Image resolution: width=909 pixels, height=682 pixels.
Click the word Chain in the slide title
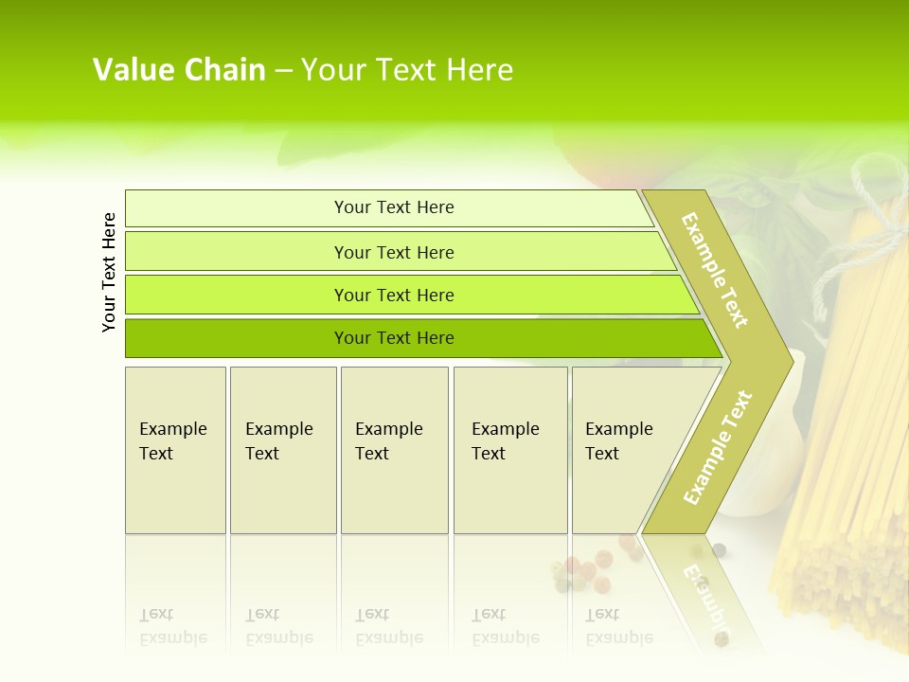(225, 70)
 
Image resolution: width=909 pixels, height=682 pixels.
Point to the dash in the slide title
(283, 71)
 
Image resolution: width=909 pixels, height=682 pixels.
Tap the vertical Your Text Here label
(109, 272)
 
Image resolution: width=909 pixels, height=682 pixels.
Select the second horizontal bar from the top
(394, 252)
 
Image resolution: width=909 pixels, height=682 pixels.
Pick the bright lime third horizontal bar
(394, 295)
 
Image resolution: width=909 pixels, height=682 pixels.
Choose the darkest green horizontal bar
(394, 338)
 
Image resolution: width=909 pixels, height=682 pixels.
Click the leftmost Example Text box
(175, 450)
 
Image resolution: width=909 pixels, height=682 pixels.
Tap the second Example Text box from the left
(283, 450)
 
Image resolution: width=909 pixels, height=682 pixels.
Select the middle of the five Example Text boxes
(394, 450)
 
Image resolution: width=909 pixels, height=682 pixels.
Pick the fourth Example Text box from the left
(510, 450)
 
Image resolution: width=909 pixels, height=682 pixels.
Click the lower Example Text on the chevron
(718, 447)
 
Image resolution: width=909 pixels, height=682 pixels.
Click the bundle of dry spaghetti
(862, 426)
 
